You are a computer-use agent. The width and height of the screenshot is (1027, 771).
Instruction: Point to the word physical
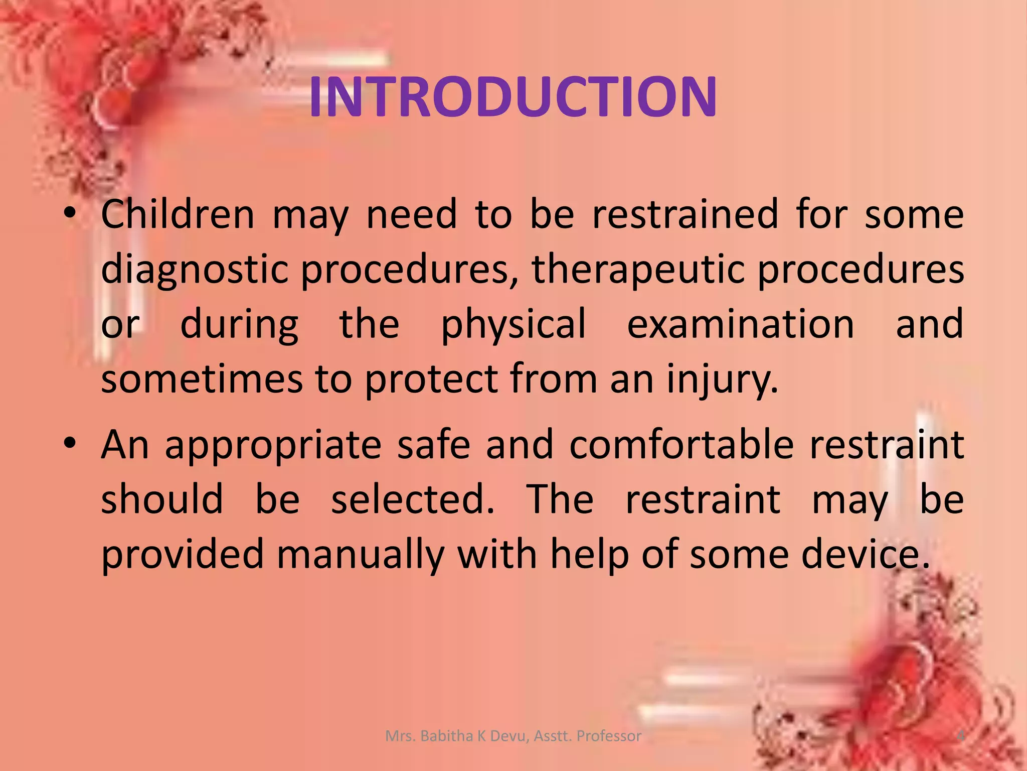pyautogui.click(x=513, y=325)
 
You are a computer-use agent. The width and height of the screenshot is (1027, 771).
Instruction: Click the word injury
pyautogui.click(x=722, y=380)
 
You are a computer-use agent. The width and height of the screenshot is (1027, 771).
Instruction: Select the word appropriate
pyautogui.click(x=273, y=445)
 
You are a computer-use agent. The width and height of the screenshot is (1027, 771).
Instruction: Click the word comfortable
pyautogui.click(x=681, y=444)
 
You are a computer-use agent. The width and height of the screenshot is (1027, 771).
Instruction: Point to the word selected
pyautogui.click(x=412, y=499)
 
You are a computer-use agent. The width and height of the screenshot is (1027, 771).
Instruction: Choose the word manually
pyautogui.click(x=360, y=555)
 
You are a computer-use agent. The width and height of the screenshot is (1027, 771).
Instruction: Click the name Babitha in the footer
pyautogui.click(x=447, y=736)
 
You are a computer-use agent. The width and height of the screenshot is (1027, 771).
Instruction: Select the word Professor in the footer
pyautogui.click(x=609, y=736)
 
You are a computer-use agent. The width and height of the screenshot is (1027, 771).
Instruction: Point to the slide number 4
pyautogui.click(x=960, y=736)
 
